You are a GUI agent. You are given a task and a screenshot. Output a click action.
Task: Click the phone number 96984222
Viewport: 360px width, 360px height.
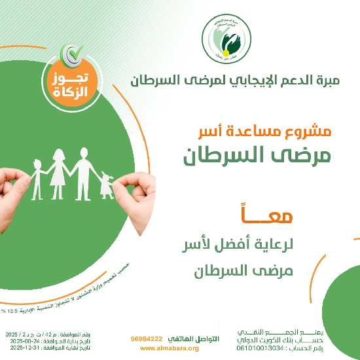tap(146, 339)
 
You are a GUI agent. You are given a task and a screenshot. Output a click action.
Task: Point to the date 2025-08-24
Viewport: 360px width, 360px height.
tap(19, 340)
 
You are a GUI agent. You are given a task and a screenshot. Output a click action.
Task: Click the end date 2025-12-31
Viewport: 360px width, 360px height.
tap(19, 348)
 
